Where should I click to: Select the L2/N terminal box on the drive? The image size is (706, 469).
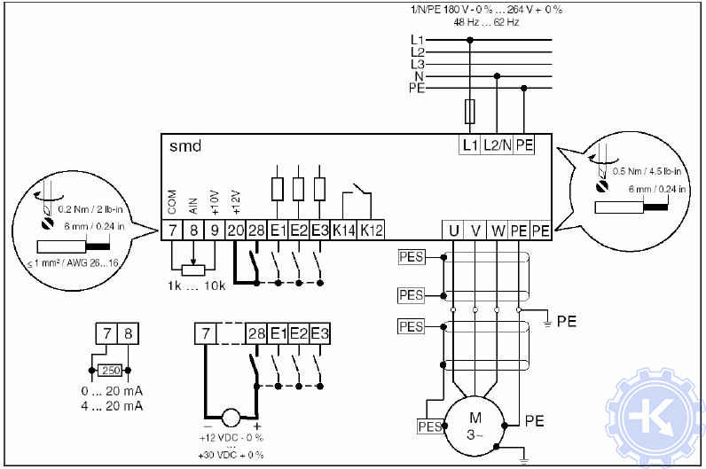tap(498, 145)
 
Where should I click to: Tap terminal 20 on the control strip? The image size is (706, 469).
tap(234, 231)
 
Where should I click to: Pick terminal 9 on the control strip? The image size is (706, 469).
tap(213, 231)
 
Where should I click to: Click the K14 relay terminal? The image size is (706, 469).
tap(345, 231)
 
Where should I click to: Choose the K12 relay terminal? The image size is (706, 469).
tap(373, 231)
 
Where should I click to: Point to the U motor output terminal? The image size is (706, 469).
tap(453, 231)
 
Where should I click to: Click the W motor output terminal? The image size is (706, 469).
tap(498, 231)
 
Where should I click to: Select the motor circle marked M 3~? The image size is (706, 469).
tap(476, 426)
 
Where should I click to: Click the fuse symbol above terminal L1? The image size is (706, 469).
tap(469, 112)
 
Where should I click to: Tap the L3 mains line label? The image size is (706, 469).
tap(418, 64)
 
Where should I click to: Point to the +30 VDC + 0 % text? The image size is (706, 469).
tap(231, 455)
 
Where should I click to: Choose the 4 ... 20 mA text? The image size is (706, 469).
tap(111, 406)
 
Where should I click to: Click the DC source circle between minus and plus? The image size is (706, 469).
tap(230, 417)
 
